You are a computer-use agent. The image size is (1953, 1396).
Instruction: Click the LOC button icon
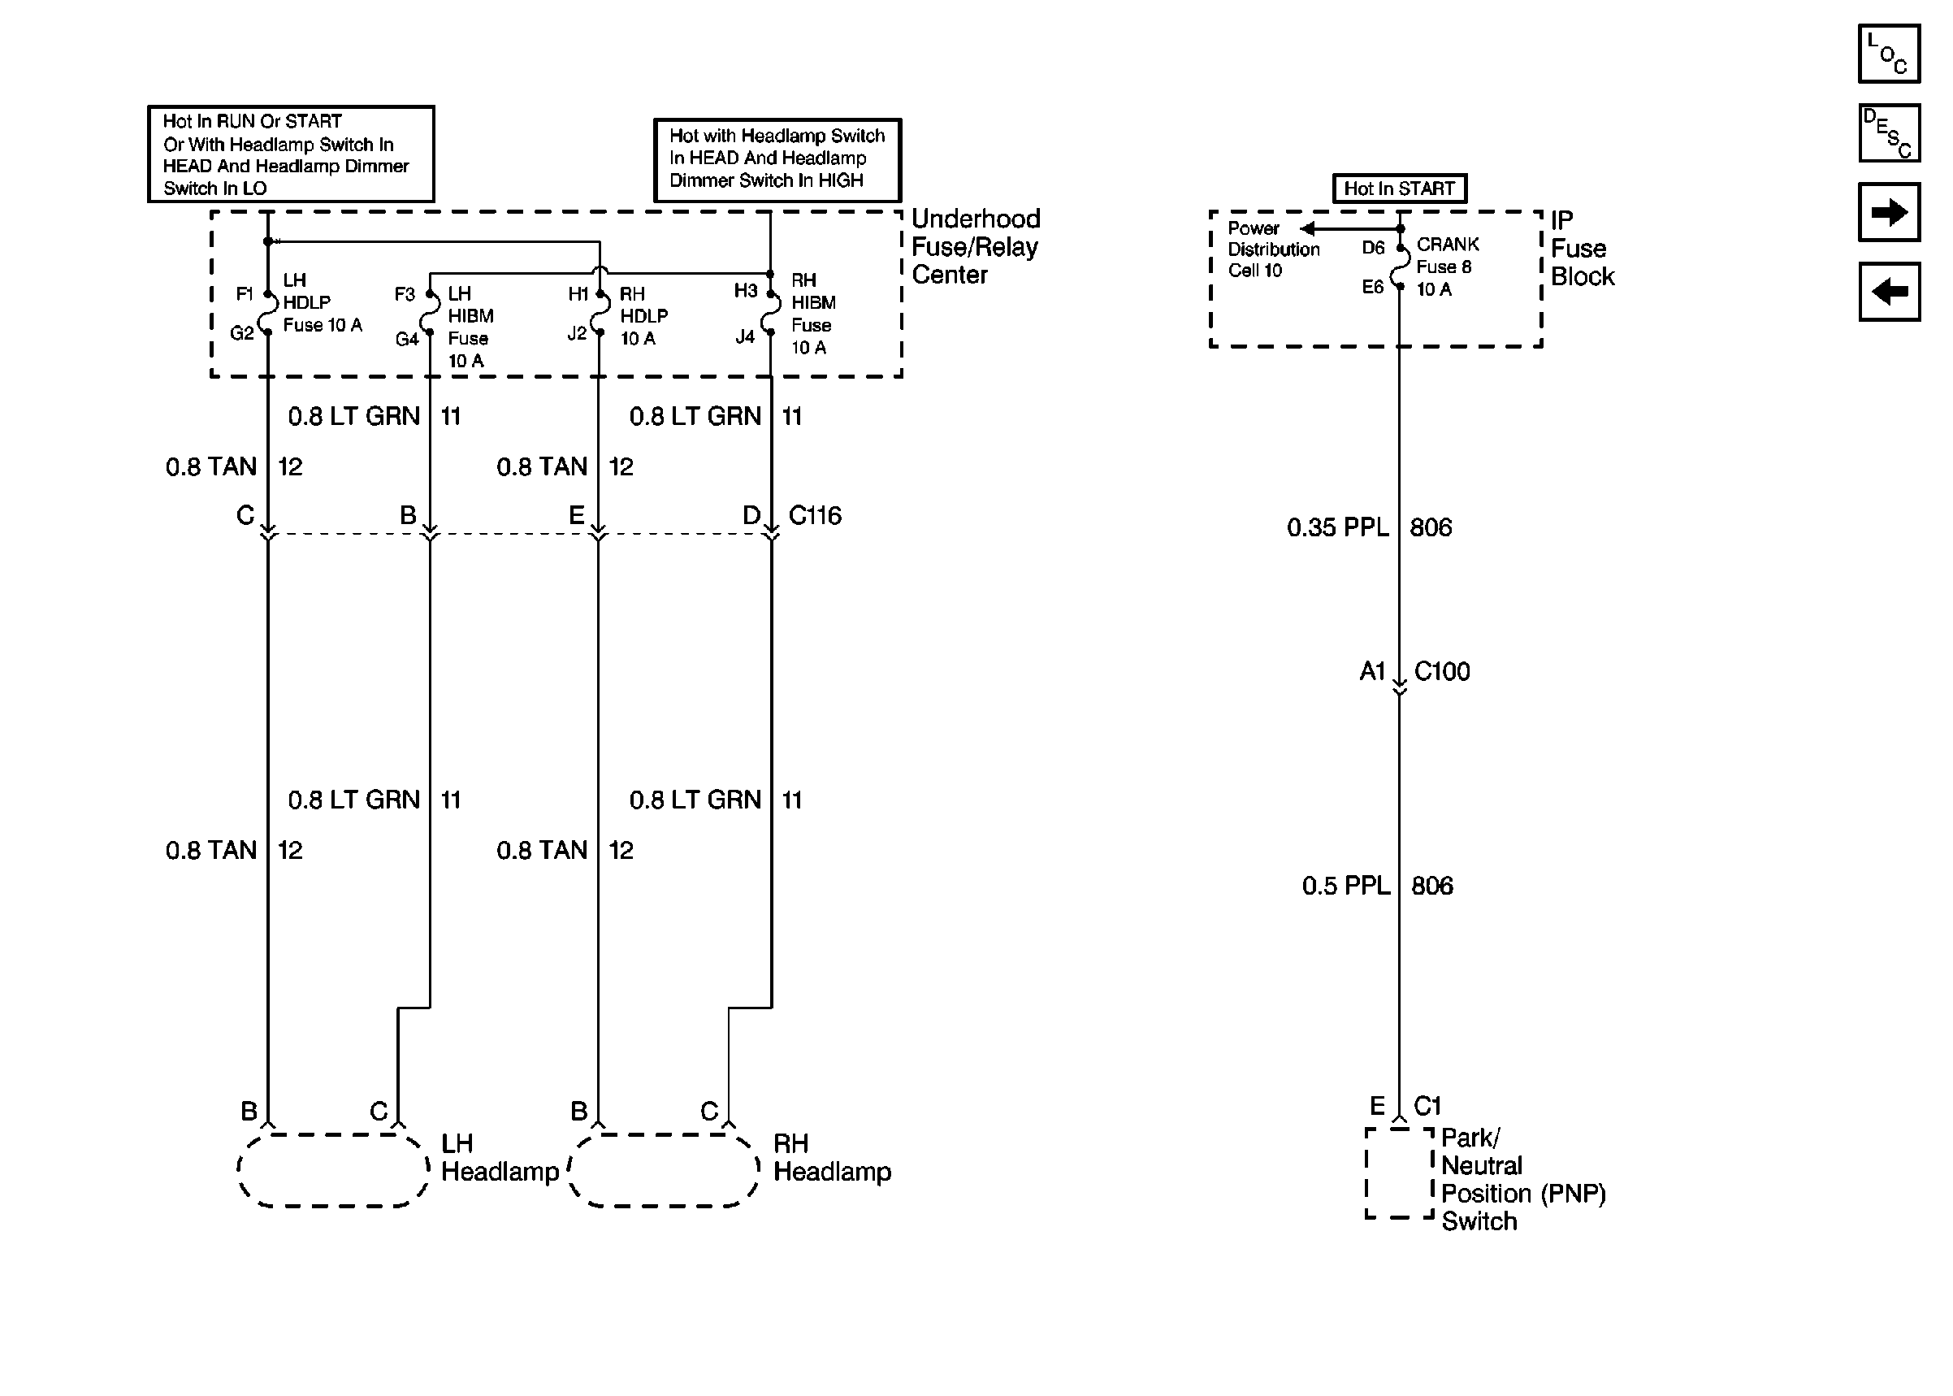[x=1889, y=54]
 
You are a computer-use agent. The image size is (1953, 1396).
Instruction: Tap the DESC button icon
[x=1889, y=133]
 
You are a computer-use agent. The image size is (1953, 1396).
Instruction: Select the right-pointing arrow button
[x=1889, y=212]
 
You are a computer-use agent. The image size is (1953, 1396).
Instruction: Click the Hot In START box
[x=1399, y=189]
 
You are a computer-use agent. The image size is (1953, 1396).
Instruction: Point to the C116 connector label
[x=815, y=516]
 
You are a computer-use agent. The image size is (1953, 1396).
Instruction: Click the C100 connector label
[x=1442, y=671]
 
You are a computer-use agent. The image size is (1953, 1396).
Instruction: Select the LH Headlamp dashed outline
[x=333, y=1170]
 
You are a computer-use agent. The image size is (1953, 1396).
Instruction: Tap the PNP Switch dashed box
[x=1400, y=1173]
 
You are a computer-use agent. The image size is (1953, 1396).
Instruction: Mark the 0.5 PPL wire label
[x=1345, y=887]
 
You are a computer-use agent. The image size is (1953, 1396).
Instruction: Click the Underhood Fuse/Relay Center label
[x=975, y=247]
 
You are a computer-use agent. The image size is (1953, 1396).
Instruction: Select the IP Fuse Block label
[x=1582, y=249]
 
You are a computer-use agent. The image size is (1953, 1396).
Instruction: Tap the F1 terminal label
[x=244, y=294]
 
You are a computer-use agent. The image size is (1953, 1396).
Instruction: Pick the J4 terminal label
[x=744, y=337]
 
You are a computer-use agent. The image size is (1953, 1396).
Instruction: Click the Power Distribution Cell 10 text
[x=1272, y=249]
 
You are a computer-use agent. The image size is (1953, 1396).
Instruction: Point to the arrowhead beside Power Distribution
[x=1308, y=228]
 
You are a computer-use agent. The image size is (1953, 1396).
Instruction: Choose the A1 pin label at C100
[x=1372, y=671]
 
